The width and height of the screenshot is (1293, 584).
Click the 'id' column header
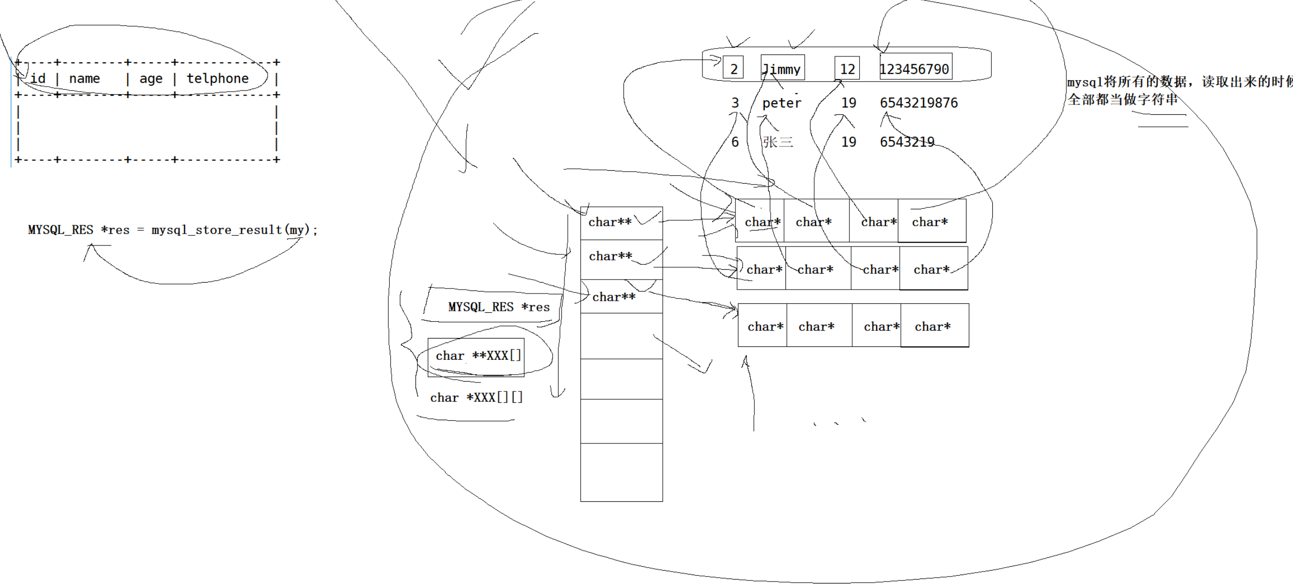pos(38,79)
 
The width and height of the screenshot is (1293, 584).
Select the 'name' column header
pos(84,79)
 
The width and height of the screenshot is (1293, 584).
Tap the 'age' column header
pos(150,79)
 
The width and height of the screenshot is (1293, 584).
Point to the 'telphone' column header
pos(217,79)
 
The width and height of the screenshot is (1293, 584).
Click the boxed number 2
pos(734,69)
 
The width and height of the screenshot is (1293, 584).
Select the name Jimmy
pos(782,69)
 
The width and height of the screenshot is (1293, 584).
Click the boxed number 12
pos(847,69)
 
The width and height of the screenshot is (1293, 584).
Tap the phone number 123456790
pos(914,69)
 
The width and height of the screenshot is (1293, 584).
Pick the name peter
pos(782,103)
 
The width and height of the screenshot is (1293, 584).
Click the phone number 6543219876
pos(919,103)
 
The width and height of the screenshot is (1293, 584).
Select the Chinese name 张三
pos(778,142)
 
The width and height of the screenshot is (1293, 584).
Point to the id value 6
pos(735,142)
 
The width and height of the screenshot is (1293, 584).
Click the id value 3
pos(735,103)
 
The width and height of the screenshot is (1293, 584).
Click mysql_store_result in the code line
pos(217,230)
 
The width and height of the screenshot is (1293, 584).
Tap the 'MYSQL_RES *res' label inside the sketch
pos(499,307)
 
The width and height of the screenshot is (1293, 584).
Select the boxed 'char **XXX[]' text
pos(478,356)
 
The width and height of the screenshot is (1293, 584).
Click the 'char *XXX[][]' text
pos(476,398)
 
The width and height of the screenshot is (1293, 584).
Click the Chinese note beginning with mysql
pos(1175,91)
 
